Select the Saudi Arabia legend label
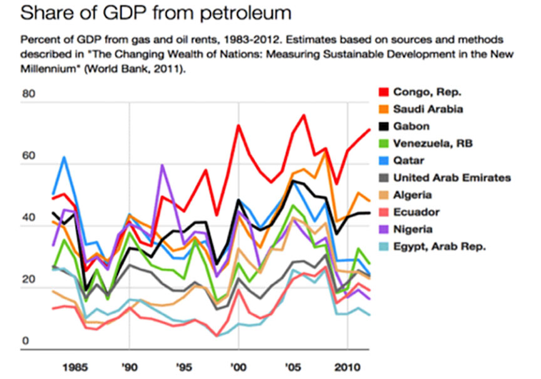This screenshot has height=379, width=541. (428, 110)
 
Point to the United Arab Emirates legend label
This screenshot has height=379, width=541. (451, 178)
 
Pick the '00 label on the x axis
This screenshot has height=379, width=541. (238, 365)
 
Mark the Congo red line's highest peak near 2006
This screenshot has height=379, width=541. (304, 115)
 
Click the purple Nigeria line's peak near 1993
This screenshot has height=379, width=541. (162, 165)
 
